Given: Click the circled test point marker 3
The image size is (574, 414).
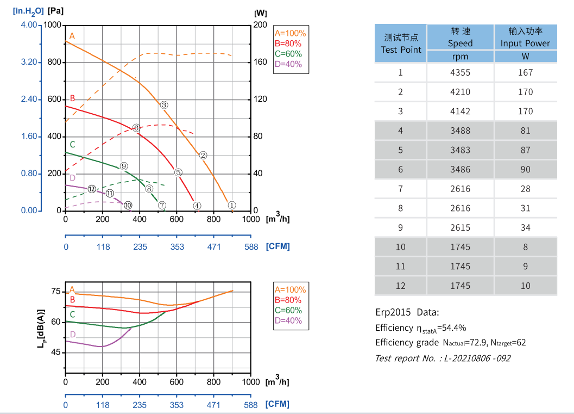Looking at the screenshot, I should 164,105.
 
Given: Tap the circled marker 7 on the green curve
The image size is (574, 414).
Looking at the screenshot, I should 162,205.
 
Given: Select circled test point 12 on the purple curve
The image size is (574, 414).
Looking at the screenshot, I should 92,189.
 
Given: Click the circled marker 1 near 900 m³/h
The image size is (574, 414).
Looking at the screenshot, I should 232,205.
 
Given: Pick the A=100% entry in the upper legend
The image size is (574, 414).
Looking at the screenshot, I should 290,33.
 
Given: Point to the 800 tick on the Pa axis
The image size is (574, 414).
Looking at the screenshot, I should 54,62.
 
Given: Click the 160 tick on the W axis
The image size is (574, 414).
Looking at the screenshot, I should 261,62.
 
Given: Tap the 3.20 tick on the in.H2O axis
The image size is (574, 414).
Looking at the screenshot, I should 29,62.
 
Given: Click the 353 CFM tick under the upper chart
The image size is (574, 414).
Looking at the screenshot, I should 177,246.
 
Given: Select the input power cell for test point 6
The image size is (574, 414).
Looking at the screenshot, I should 525,169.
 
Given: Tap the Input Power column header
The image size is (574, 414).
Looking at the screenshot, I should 525,37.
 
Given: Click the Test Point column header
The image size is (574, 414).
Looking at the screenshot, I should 401,44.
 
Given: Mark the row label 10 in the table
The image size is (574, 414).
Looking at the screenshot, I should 401,247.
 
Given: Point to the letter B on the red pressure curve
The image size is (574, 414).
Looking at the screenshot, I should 72,98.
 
